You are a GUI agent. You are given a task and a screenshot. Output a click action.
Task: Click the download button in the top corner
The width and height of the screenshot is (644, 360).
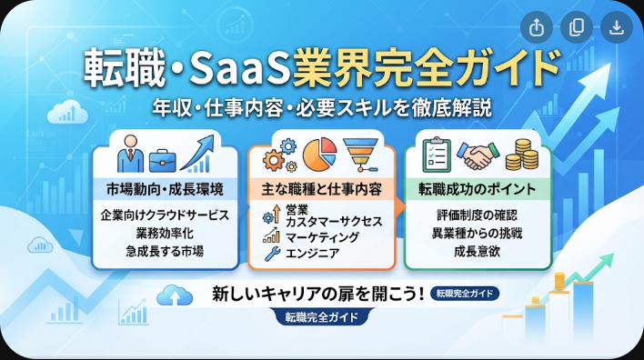point(616,27)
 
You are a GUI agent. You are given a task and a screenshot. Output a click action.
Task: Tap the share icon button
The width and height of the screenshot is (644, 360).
point(537,27)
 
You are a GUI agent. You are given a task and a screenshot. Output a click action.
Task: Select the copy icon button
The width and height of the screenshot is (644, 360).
point(576,27)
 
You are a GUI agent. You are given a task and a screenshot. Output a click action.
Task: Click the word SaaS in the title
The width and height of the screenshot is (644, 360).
point(240,68)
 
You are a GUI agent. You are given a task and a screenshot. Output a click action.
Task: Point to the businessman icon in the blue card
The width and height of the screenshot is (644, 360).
point(131,154)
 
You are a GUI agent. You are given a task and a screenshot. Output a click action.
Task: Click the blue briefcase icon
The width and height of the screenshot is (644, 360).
point(163,161)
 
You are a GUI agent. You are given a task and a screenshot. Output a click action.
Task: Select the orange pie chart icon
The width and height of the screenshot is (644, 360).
point(319,155)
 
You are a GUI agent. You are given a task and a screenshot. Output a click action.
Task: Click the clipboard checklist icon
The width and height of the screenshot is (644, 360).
point(437,155)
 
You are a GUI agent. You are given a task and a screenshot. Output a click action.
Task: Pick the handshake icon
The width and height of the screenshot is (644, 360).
point(478,155)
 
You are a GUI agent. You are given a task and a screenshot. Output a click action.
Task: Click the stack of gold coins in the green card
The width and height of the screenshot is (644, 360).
point(522,155)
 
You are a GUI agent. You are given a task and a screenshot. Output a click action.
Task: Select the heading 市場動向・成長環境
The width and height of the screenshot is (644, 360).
point(165,189)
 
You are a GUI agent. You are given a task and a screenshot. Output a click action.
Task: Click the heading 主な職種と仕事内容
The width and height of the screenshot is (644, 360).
point(322,189)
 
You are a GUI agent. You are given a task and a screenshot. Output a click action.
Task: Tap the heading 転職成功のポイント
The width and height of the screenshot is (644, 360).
point(478,189)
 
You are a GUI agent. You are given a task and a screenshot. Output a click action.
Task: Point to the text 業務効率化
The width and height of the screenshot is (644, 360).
point(165,233)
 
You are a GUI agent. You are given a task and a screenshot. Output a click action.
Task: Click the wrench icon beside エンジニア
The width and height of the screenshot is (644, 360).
point(272,254)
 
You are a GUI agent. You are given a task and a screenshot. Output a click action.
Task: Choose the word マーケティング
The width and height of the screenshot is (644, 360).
point(322,237)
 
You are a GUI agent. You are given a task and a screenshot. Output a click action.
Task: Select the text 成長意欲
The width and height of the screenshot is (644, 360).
point(478,251)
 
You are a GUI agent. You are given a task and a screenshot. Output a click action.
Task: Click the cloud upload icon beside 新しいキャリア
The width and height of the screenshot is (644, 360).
point(175,295)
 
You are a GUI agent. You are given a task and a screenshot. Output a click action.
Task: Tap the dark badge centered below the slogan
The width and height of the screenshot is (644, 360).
point(322,317)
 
